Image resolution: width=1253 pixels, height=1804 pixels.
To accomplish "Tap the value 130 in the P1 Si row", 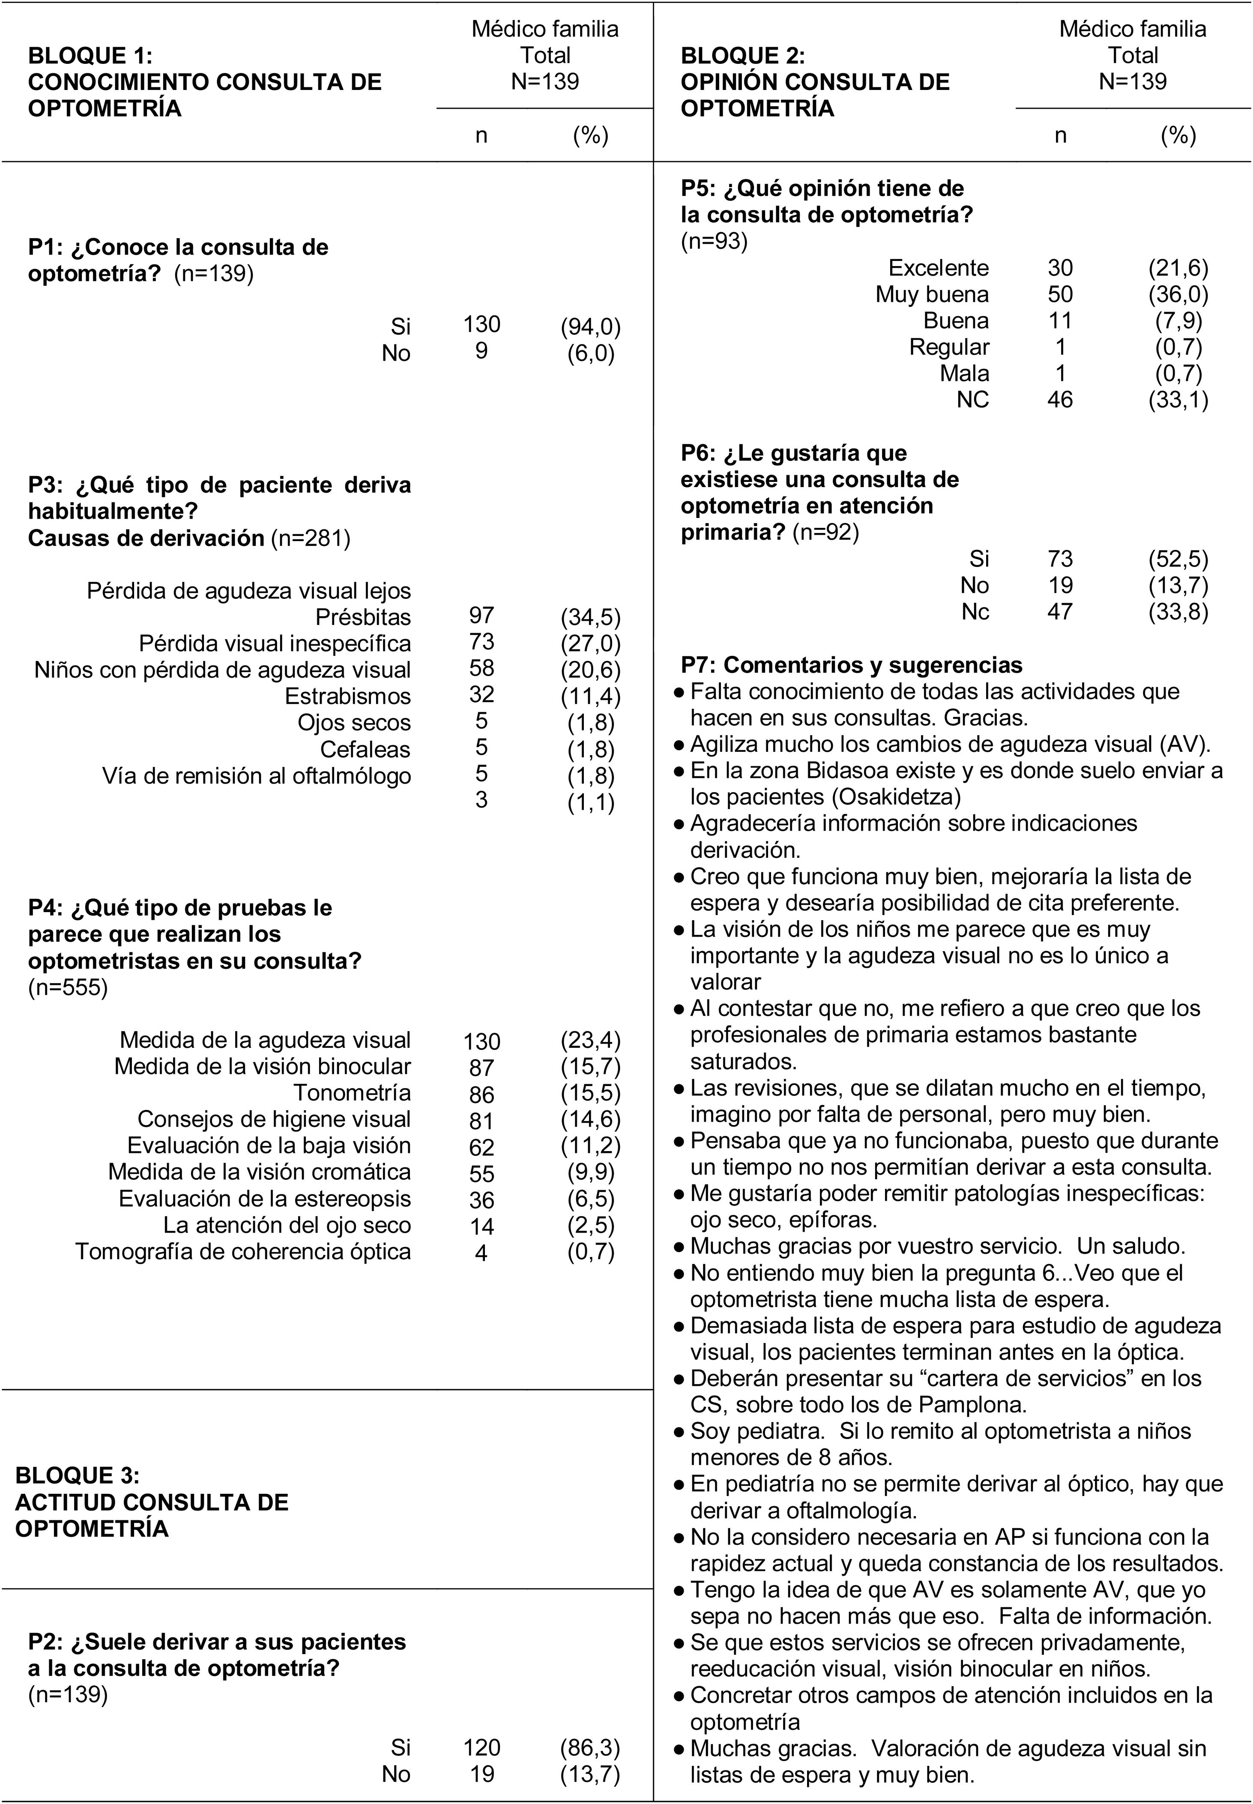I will pyautogui.click(x=481, y=324).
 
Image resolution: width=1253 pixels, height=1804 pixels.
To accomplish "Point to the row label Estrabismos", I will pyautogui.click(x=348, y=696).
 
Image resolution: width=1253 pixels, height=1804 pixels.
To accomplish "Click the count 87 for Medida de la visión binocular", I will pyautogui.click(x=481, y=1068).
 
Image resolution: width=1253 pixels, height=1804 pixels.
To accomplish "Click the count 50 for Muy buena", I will pyautogui.click(x=1060, y=294).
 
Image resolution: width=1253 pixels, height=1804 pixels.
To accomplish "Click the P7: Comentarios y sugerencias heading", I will pyautogui.click(x=851, y=665).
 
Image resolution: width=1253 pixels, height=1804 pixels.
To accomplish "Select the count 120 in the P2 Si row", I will pyautogui.click(x=481, y=1747).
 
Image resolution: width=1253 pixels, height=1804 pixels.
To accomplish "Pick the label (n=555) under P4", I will pyautogui.click(x=68, y=987).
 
